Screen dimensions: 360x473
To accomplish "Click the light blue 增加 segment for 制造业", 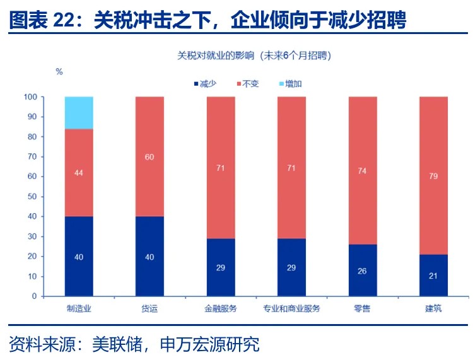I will click(79, 112).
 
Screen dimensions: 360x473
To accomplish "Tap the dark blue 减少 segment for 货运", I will click(149, 256).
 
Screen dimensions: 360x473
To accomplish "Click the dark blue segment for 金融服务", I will click(220, 267).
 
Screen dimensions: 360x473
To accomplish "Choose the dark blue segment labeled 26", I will click(362, 270).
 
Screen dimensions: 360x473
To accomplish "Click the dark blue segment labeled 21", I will click(433, 275).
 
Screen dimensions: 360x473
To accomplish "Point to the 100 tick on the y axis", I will click(30, 97).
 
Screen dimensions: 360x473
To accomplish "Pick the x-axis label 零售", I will click(362, 309).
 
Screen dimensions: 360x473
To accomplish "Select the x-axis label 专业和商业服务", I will click(291, 309).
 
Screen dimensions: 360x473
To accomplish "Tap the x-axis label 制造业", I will click(79, 309).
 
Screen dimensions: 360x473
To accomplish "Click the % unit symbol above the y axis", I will click(59, 72).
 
